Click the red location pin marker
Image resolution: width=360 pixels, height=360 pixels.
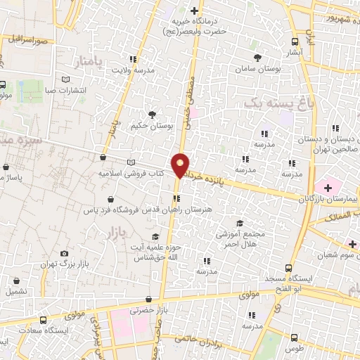coord(181,165)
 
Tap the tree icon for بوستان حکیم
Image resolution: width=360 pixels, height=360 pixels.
coord(151,114)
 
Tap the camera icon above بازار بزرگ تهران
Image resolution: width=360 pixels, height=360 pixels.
coord(65,253)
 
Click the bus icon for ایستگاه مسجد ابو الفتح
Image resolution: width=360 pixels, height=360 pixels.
coord(289,268)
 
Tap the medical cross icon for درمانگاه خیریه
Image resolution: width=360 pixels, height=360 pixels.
coord(195,11)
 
